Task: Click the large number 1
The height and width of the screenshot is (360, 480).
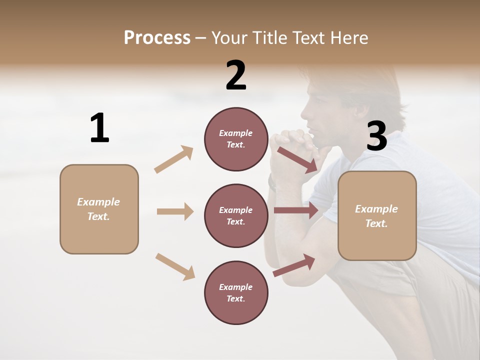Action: pos(99,128)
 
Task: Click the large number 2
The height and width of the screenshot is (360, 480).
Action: pos(236,75)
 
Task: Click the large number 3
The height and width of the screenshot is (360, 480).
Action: pos(377,136)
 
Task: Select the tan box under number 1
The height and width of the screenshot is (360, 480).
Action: pos(99,209)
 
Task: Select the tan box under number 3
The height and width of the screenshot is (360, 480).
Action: pos(377,216)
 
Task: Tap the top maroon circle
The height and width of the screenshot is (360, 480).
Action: pos(236,139)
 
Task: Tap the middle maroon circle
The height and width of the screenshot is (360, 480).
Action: pos(236,216)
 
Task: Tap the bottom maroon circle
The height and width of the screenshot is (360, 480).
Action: pos(236,293)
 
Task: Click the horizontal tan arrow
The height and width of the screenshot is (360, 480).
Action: pos(175,211)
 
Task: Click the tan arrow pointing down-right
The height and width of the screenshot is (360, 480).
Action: pos(175,266)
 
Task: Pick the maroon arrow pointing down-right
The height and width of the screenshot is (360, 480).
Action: pos(297,159)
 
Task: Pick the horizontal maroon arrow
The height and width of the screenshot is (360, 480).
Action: pos(296,210)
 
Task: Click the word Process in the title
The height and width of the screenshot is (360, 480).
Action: pos(157,37)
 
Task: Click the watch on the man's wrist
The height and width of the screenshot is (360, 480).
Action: pos(272,182)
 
